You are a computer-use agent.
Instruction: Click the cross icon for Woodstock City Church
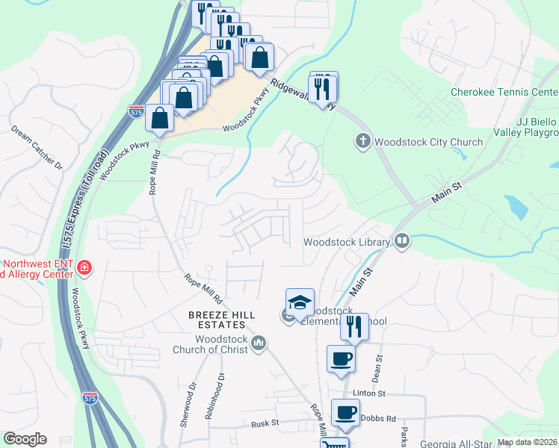[x=362, y=141]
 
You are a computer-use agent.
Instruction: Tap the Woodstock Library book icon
[x=402, y=241]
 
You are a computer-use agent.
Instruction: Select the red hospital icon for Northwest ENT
[x=84, y=268]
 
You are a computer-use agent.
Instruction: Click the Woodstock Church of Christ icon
[x=259, y=343]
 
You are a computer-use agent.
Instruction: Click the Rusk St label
[x=265, y=423]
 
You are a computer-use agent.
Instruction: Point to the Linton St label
[x=370, y=393]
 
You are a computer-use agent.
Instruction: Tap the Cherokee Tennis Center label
[x=504, y=93]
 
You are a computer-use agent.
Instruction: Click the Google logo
[x=25, y=439]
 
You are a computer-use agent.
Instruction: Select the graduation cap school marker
[x=300, y=302]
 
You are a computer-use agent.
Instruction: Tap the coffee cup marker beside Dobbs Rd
[x=345, y=412]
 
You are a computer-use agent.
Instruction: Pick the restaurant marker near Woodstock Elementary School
[x=354, y=326]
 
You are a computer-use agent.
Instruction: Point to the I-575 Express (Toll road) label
[x=75, y=210]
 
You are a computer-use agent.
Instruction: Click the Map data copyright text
[x=528, y=442]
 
